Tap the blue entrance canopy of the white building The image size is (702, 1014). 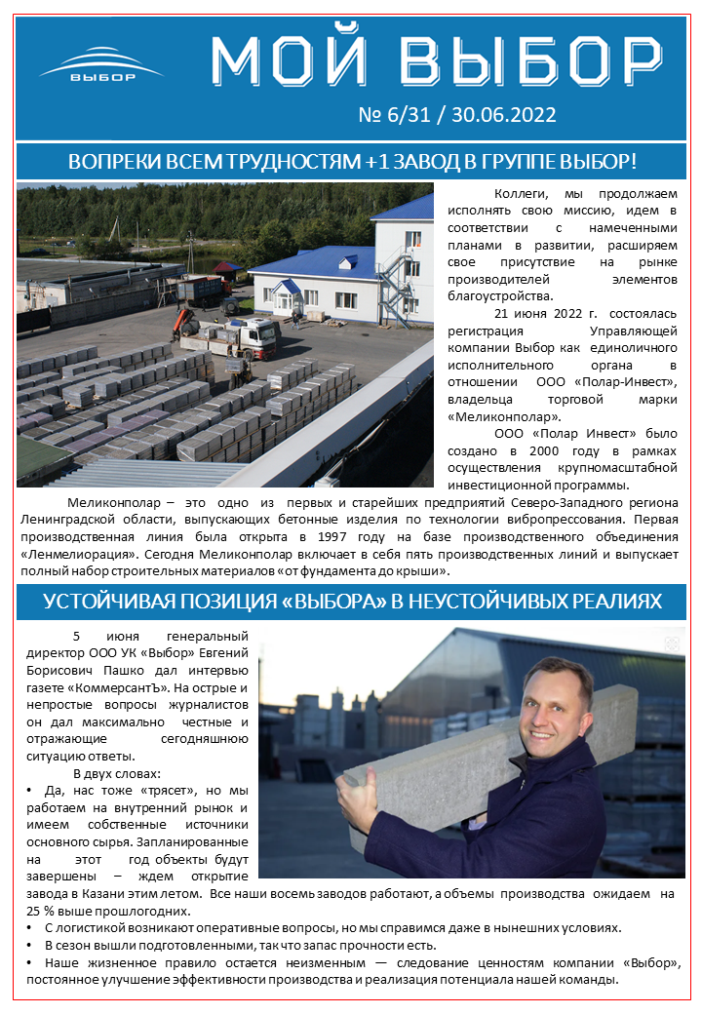287,287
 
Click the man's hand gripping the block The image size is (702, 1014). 369,800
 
